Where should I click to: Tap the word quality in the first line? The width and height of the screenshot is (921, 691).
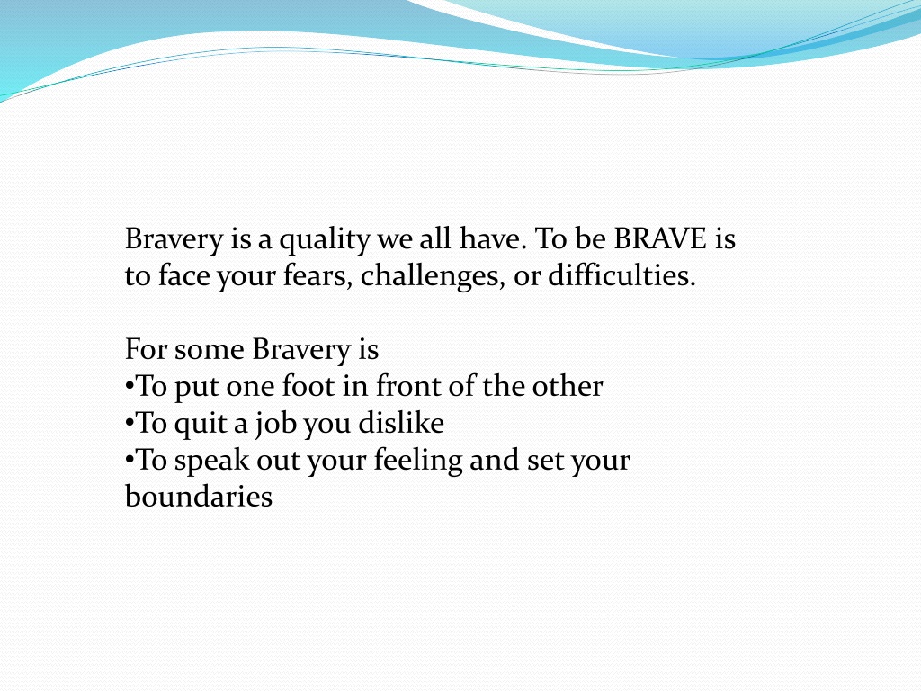tap(324, 240)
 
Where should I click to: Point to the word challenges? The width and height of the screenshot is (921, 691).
tap(433, 275)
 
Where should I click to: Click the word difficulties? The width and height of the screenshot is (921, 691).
tap(622, 275)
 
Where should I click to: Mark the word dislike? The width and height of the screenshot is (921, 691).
tap(401, 423)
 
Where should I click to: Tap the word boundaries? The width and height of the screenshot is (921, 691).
tap(199, 496)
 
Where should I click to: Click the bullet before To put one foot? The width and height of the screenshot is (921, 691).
tap(130, 387)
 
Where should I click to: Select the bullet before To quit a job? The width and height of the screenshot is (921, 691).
tap(130, 424)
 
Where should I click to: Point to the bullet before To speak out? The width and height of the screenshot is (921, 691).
tap(130, 461)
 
